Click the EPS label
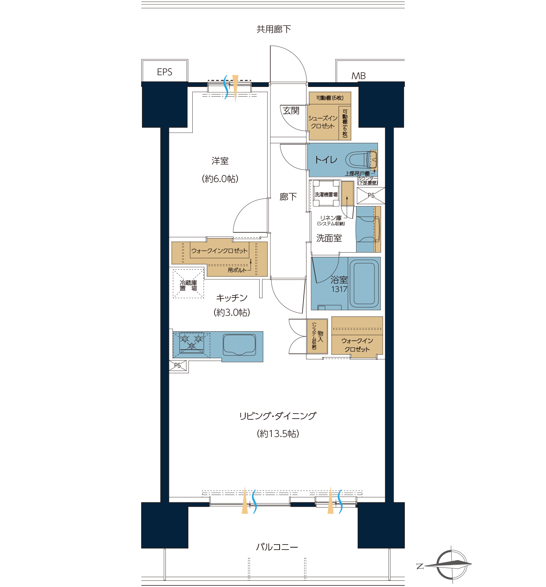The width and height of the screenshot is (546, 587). pyautogui.click(x=165, y=72)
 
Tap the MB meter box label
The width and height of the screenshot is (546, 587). pyautogui.click(x=358, y=76)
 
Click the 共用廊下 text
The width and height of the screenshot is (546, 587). pyautogui.click(x=274, y=29)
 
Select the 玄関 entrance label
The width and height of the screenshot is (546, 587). pyautogui.click(x=291, y=111)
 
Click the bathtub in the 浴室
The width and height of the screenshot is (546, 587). pyautogui.click(x=364, y=283)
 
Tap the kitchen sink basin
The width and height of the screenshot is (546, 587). pyautogui.click(x=239, y=345)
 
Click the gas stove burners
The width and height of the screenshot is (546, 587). pyautogui.click(x=191, y=342)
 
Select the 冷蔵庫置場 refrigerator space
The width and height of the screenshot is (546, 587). pyautogui.click(x=188, y=283)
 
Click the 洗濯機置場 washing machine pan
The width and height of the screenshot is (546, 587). pyautogui.click(x=326, y=194)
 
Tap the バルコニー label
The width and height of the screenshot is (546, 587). pyautogui.click(x=277, y=547)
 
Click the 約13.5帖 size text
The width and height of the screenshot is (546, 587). pyautogui.click(x=278, y=433)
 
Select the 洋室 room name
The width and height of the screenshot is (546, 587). pyautogui.click(x=220, y=161)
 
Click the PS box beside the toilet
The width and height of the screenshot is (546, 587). pyautogui.click(x=371, y=195)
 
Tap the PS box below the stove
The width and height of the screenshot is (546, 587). pyautogui.click(x=177, y=365)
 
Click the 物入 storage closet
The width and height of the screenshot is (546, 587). pyautogui.click(x=317, y=336)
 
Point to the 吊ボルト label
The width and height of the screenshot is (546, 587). pyautogui.click(x=237, y=270)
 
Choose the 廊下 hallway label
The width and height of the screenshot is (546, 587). pyautogui.click(x=288, y=196)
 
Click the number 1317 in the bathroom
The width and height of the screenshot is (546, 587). pyautogui.click(x=339, y=289)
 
